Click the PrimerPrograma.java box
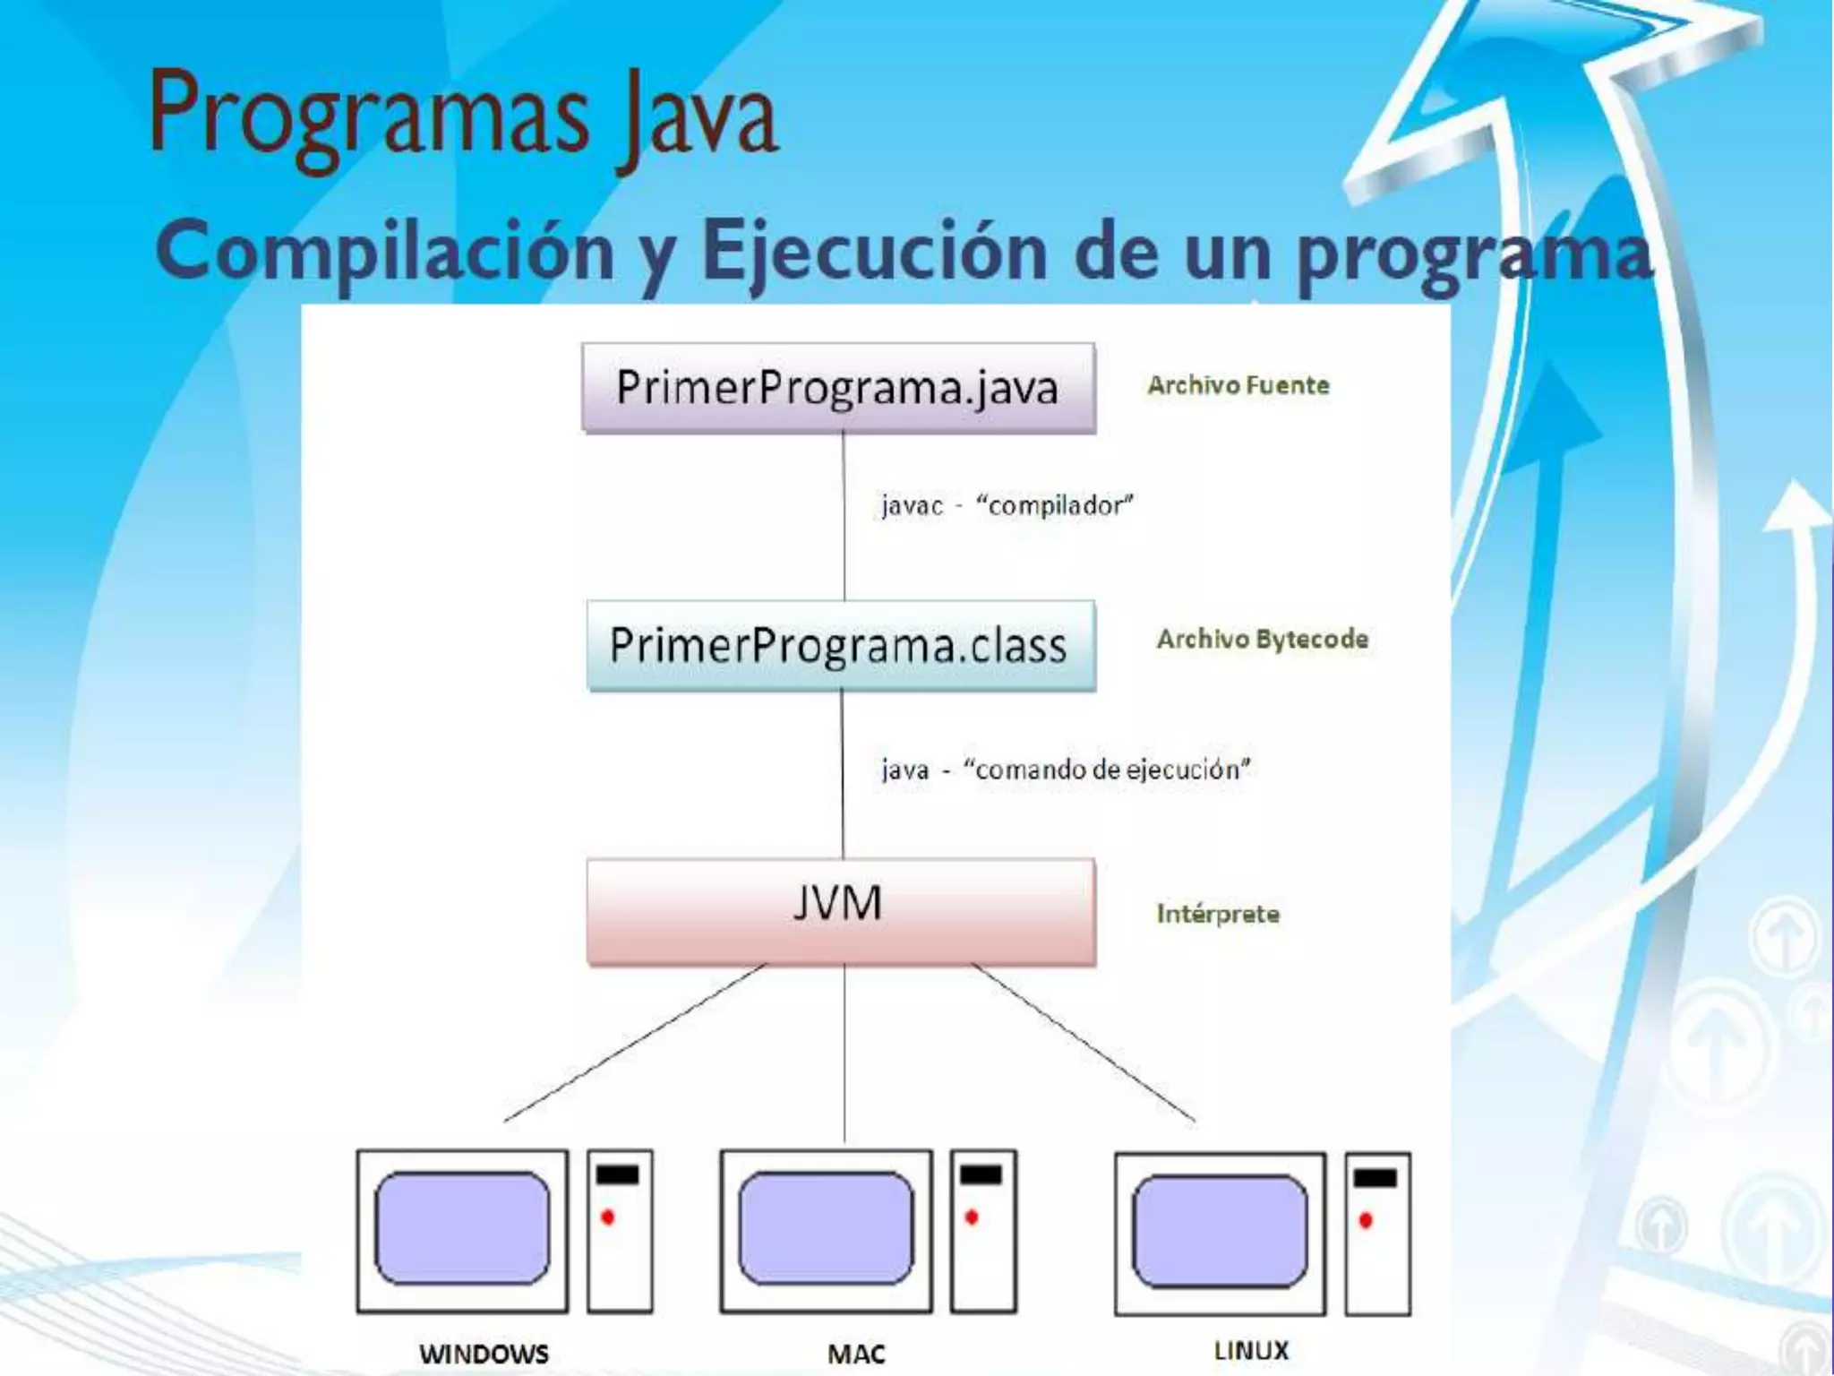click(838, 388)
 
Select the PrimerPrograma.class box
click(840, 645)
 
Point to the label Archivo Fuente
click(1238, 385)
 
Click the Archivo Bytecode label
click(1262, 639)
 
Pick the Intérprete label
click(1218, 914)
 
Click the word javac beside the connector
click(912, 506)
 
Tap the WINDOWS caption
click(484, 1353)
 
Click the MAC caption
click(856, 1354)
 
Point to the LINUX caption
click(1250, 1350)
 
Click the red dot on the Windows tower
click(608, 1217)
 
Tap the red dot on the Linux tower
click(1366, 1220)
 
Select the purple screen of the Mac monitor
click(826, 1229)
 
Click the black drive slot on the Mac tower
click(981, 1175)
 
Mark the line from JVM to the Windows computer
click(636, 1042)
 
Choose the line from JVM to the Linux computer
click(1084, 1042)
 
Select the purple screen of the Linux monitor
click(1220, 1231)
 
